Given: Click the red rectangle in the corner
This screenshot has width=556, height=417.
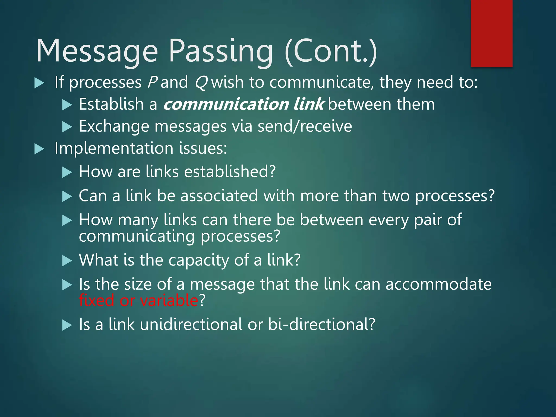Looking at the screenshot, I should tap(491, 33).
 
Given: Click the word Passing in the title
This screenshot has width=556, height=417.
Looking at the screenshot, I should tap(220, 51).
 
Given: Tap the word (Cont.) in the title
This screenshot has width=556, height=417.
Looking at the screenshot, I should tap(331, 51).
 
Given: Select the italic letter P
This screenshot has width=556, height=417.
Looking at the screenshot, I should tap(152, 82).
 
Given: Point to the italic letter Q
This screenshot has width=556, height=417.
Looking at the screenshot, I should tap(201, 83).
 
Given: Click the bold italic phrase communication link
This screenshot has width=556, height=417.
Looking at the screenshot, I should tap(243, 104).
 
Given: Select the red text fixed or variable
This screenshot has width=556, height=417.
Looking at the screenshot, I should tap(138, 300).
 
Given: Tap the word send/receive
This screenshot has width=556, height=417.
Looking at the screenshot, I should tap(305, 126).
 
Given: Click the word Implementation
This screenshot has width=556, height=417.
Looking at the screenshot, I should tap(114, 149).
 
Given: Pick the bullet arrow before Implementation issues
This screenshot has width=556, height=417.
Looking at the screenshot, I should tap(39, 149).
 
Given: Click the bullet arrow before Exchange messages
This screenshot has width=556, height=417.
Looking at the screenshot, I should tap(67, 127).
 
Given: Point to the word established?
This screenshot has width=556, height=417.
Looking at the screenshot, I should tap(230, 172).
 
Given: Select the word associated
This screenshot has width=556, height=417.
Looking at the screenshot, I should tap(219, 196).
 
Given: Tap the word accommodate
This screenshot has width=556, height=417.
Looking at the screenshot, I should tap(438, 284).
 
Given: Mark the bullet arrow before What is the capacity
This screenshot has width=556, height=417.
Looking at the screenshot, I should tap(67, 261).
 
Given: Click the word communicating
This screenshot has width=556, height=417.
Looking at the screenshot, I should tap(137, 236).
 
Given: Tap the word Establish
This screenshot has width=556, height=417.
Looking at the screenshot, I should tap(111, 104).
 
